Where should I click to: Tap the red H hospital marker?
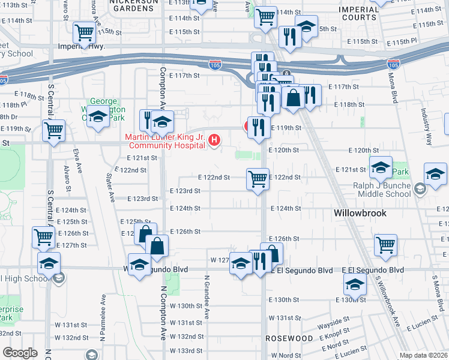pyautogui.click(x=214, y=140)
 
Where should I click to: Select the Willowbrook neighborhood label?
pyautogui.click(x=360, y=213)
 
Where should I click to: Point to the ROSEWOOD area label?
pyautogui.click(x=290, y=338)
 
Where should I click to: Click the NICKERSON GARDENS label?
pyautogui.click(x=133, y=3)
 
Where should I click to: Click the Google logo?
pyautogui.click(x=20, y=352)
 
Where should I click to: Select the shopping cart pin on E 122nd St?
pyautogui.click(x=258, y=178)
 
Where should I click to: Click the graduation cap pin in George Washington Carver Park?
pyautogui.click(x=97, y=116)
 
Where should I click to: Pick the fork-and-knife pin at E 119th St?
pyautogui.click(x=258, y=127)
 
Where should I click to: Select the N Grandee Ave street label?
pyautogui.click(x=207, y=296)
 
